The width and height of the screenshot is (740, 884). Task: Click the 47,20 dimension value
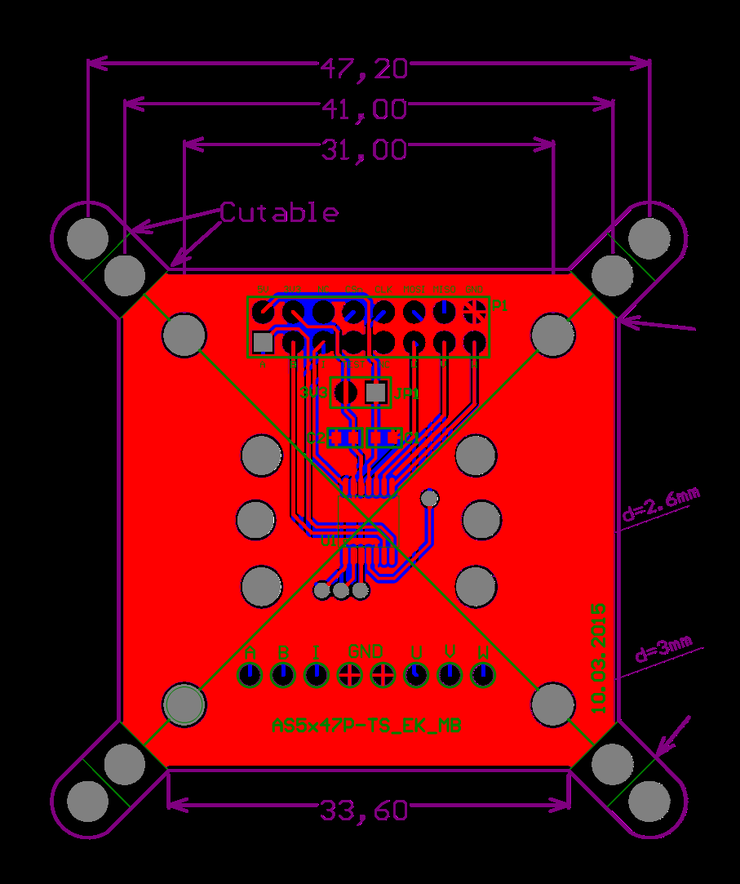364,69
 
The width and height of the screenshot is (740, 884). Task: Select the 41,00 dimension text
364,109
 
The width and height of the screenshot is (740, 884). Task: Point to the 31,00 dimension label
364,150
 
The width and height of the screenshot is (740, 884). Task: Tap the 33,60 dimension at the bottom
364,811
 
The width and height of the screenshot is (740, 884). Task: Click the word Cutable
279,213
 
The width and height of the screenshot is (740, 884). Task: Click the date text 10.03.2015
599,659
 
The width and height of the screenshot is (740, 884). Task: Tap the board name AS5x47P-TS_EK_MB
366,726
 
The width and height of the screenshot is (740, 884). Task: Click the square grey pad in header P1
263,342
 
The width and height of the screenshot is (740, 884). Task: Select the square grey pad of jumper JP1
375,393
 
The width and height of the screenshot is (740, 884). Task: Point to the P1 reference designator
499,307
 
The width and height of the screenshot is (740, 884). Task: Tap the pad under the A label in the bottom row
249,675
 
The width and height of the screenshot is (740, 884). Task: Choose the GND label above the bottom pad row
366,652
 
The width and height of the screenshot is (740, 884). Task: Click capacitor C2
343,438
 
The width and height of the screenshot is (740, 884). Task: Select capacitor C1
384,438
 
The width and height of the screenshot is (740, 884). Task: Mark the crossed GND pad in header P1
473,311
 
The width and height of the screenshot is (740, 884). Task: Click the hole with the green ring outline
184,704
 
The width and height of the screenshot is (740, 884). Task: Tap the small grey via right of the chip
429,497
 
